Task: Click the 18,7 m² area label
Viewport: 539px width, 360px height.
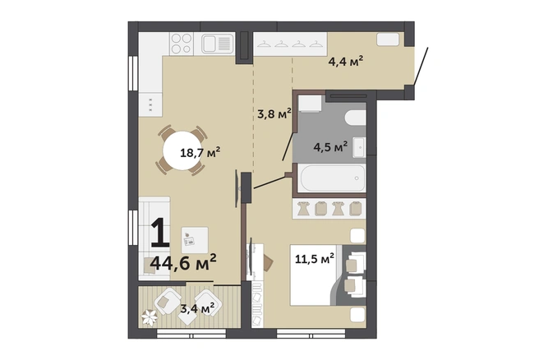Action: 200,152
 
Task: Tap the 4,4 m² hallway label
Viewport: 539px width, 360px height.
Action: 346,62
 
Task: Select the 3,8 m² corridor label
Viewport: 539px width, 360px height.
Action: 274,113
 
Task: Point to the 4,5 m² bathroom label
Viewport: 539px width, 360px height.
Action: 330,146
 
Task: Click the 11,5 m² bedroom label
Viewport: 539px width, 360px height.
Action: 315,259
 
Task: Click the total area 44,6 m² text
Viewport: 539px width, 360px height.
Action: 183,263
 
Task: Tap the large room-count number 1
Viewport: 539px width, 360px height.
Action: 160,233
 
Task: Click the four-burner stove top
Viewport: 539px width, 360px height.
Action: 181,44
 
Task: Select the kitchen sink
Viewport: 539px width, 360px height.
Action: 217,44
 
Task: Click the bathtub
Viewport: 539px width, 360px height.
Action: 332,178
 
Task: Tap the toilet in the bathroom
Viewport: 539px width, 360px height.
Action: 356,118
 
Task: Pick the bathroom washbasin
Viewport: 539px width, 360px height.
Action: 359,147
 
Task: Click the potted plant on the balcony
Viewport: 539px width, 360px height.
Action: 150,317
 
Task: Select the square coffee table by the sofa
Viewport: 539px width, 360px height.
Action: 195,240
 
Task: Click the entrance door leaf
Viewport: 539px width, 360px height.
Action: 422,67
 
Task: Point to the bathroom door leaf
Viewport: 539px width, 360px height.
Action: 288,146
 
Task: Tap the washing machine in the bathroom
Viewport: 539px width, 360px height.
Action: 310,104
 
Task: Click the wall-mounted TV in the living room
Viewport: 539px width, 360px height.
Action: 237,188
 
